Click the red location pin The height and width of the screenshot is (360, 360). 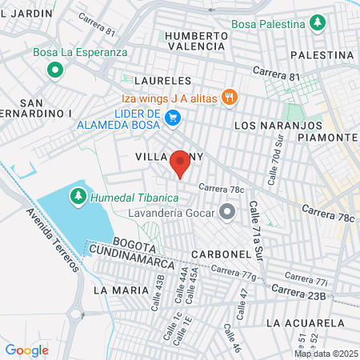pyautogui.click(x=180, y=163)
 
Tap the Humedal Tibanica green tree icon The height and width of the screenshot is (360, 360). pyautogui.click(x=78, y=195)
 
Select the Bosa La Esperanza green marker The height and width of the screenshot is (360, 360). pyautogui.click(x=54, y=70)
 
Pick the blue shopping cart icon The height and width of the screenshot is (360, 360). pyautogui.click(x=172, y=118)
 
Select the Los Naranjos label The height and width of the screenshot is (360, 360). pyautogui.click(x=269, y=126)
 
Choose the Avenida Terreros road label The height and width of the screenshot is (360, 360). pyautogui.click(x=51, y=241)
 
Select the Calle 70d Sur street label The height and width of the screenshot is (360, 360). pyautogui.click(x=275, y=160)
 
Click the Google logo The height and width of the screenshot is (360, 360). pyautogui.click(x=26, y=350)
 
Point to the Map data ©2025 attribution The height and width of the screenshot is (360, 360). pyautogui.click(x=325, y=354)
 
